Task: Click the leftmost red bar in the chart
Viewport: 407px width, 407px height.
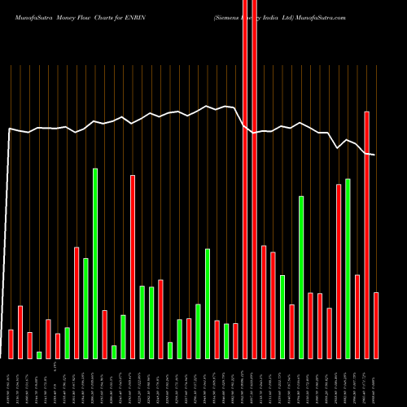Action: click(11, 344)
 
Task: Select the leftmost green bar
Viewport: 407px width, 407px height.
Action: click(39, 354)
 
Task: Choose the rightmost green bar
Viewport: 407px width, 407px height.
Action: click(348, 269)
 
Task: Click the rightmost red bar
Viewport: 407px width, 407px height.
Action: click(376, 325)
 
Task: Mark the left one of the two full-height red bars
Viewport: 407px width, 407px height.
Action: click(245, 179)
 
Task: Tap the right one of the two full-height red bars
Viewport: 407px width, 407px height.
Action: click(254, 179)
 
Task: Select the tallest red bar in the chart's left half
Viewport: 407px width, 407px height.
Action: click(133, 266)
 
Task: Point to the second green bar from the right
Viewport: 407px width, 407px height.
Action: click(301, 277)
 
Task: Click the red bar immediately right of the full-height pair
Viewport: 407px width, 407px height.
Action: click(264, 301)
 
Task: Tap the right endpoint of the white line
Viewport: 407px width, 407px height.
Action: click(374, 155)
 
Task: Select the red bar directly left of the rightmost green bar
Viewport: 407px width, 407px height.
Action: click(339, 271)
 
